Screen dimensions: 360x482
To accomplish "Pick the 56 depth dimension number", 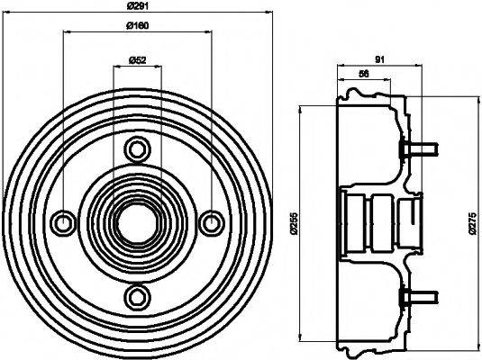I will [364, 75].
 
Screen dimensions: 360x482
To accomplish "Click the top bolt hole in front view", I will [137, 148].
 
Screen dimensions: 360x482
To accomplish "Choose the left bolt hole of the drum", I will [63, 221].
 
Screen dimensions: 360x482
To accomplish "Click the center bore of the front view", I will [137, 221].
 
